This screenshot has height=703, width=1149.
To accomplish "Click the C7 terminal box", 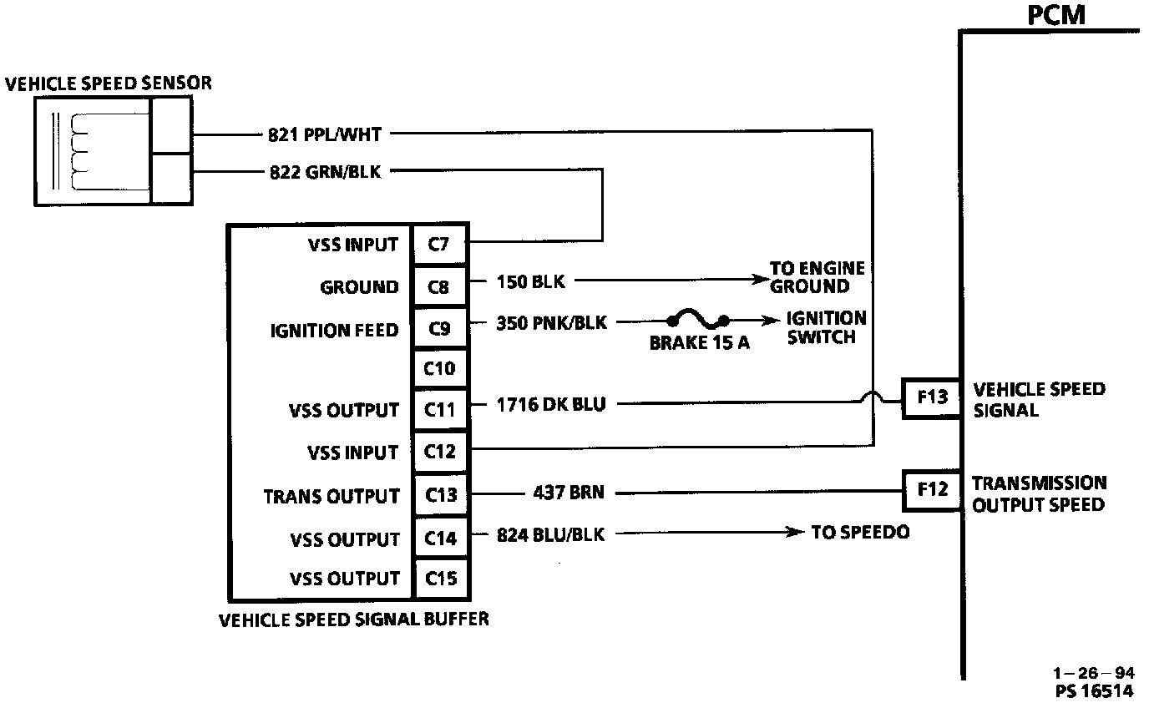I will (x=440, y=245).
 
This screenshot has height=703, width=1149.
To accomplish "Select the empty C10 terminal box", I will (x=440, y=369).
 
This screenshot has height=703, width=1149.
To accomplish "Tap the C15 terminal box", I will (x=440, y=579).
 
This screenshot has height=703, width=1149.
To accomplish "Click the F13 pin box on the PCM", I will (x=931, y=397).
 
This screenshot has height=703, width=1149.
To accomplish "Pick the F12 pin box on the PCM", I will (x=931, y=489).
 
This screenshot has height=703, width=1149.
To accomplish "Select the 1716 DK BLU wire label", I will (x=550, y=406).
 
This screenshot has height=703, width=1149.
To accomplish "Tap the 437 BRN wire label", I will (x=568, y=493).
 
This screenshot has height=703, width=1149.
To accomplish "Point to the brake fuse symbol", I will (x=696, y=320).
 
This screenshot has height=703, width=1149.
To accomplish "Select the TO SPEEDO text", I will (x=860, y=532).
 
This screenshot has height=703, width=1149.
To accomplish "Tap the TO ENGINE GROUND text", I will (x=817, y=278).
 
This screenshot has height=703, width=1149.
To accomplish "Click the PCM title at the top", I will (x=1056, y=15).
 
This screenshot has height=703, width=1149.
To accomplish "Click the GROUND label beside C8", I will (x=359, y=287).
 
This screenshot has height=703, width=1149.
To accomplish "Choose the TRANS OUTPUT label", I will (x=332, y=496).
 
